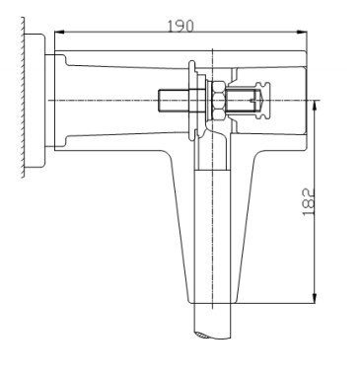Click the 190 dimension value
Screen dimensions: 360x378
pos(180,27)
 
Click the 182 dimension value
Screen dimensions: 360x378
pos(308,202)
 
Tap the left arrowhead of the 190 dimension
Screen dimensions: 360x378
pos(59,32)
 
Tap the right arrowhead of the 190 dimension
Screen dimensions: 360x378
pos(302,32)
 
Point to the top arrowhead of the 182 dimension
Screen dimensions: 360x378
pos(315,106)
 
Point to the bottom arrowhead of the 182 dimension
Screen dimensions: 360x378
pos(315,298)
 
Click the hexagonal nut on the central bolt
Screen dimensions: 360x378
pos(218,101)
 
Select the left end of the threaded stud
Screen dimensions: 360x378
pos(159,101)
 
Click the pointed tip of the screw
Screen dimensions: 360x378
pos(262,101)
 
